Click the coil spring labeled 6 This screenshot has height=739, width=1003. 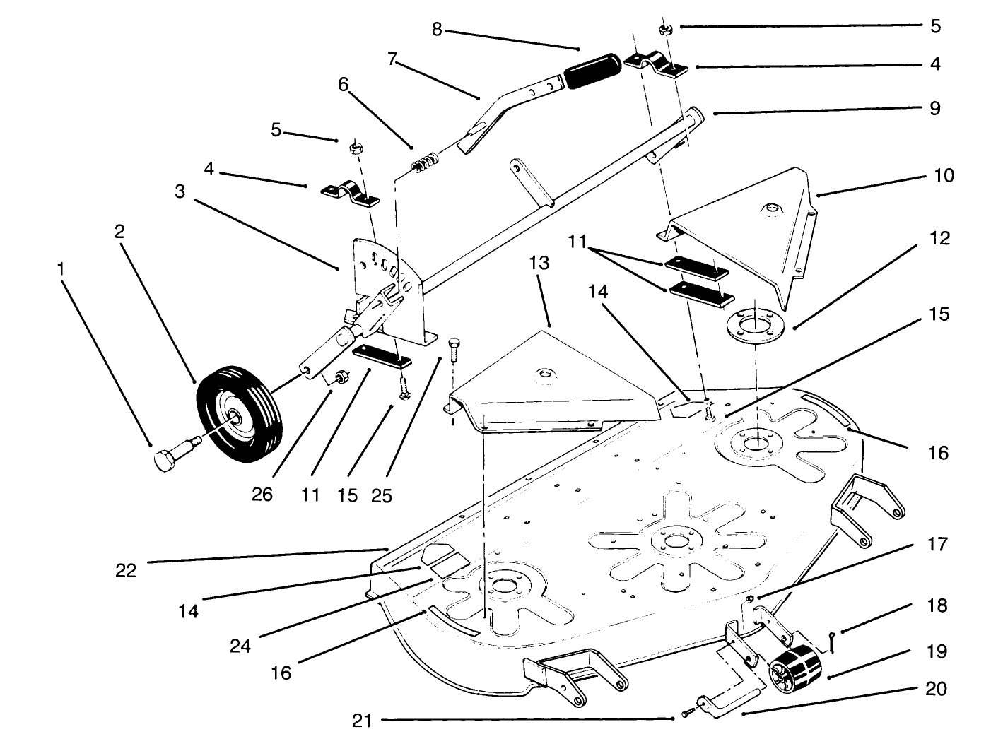pyautogui.click(x=425, y=164)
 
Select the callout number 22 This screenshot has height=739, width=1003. pyautogui.click(x=127, y=570)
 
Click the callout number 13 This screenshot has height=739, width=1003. pyautogui.click(x=539, y=264)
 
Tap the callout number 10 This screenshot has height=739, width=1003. pyautogui.click(x=944, y=175)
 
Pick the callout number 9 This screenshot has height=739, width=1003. pyautogui.click(x=934, y=108)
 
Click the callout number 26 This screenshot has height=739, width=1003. pyautogui.click(x=262, y=495)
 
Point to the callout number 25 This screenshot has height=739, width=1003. pyautogui.click(x=381, y=495)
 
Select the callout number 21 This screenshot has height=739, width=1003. pyautogui.click(x=362, y=721)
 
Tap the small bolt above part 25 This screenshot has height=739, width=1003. pyautogui.click(x=455, y=347)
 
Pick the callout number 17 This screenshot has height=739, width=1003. pyautogui.click(x=937, y=545)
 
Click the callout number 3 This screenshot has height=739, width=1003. pyautogui.click(x=180, y=191)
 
